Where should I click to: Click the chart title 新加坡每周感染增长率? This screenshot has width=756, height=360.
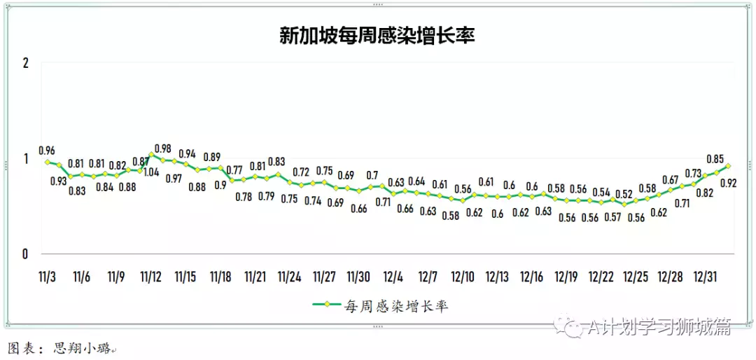(x=377, y=36)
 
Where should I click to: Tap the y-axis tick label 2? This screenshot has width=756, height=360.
(x=26, y=63)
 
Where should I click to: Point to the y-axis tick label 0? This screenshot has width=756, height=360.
(x=26, y=254)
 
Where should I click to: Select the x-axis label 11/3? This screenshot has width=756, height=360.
(x=47, y=277)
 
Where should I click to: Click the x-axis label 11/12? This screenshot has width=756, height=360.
(x=151, y=277)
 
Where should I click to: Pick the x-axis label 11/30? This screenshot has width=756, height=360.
(x=359, y=277)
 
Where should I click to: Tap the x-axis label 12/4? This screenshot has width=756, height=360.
(x=393, y=277)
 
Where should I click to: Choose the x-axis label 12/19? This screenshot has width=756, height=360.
(x=566, y=277)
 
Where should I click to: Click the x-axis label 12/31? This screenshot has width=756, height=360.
(x=704, y=277)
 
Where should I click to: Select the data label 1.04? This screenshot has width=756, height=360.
(x=151, y=171)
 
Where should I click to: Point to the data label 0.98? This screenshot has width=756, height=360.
(x=162, y=148)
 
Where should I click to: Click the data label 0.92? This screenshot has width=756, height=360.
(x=728, y=184)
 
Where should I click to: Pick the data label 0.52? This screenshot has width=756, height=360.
(x=624, y=194)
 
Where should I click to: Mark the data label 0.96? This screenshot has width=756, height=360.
(x=46, y=150)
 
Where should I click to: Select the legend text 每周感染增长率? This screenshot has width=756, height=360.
(x=396, y=305)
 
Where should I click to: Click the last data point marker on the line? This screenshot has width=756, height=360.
(x=728, y=166)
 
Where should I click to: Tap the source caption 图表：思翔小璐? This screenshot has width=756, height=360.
(x=59, y=348)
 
